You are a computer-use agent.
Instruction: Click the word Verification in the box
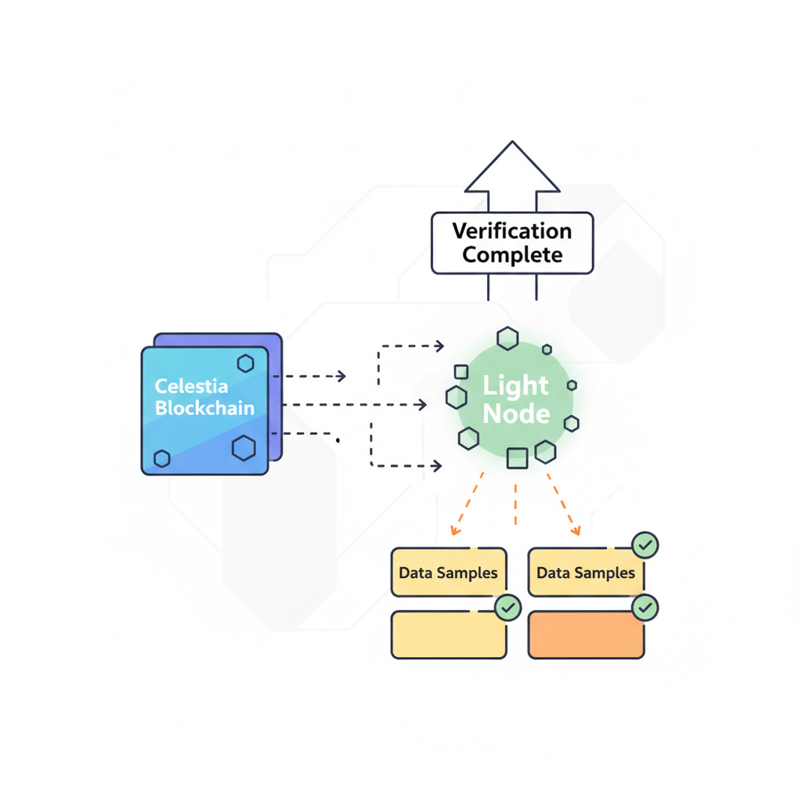pos(511,231)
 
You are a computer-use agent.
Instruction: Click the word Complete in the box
pos(511,255)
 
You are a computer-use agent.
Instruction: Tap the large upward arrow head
pos(512,168)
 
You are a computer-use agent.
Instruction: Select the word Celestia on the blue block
pos(192,386)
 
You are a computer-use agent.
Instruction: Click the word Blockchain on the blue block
pos(204,408)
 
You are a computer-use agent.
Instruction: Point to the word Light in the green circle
pos(515,385)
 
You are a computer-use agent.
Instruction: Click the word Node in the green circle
pos(515,413)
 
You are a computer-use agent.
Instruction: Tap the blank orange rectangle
pos(586,635)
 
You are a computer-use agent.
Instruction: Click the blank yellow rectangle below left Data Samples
pos(448,635)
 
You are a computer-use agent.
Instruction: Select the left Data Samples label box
pos(448,573)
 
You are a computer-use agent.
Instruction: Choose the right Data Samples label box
pos(586,573)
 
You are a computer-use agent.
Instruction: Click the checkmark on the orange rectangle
pos(645,608)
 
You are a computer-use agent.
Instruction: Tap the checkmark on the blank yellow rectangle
pos(508,607)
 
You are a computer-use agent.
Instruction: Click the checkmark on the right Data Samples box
pos(645,545)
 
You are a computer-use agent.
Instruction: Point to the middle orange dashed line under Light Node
pos(515,505)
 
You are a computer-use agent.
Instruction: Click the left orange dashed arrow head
pos(453,532)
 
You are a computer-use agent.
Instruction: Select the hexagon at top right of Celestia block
pos(245,363)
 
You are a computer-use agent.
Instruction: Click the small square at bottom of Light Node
pos(517,458)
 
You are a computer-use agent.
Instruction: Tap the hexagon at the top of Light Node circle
pos(508,338)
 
